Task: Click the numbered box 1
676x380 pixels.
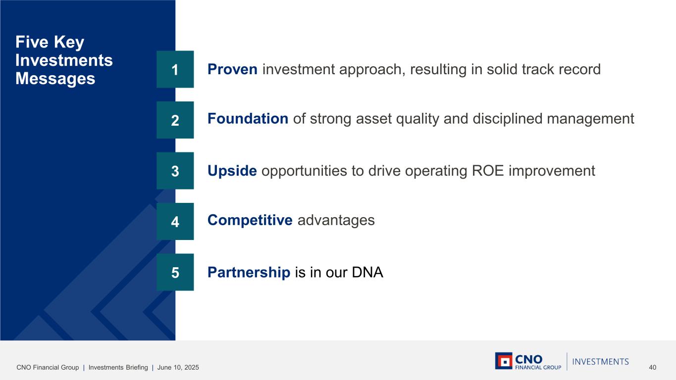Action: pos(175,69)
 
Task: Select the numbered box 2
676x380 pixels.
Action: pos(175,120)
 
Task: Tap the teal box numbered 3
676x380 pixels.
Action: pos(175,171)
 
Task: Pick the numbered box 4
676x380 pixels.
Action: pos(175,221)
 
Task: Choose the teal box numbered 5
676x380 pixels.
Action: pos(175,272)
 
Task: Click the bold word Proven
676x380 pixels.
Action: pos(232,69)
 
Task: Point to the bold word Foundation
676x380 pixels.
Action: pos(248,119)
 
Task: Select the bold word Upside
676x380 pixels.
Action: pos(232,171)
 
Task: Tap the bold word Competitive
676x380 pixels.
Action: pos(250,220)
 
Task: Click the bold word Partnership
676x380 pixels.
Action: pos(249,272)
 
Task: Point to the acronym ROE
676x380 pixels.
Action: pos(488,171)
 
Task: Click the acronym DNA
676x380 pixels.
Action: pos(367,272)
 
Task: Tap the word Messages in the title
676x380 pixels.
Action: pos(55,78)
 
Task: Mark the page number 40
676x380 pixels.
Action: pos(652,367)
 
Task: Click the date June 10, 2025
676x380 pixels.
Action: pos(178,367)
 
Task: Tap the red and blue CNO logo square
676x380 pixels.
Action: pos(504,361)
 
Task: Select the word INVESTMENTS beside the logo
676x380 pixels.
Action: pos(601,362)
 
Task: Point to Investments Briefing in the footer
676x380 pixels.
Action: pos(118,367)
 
